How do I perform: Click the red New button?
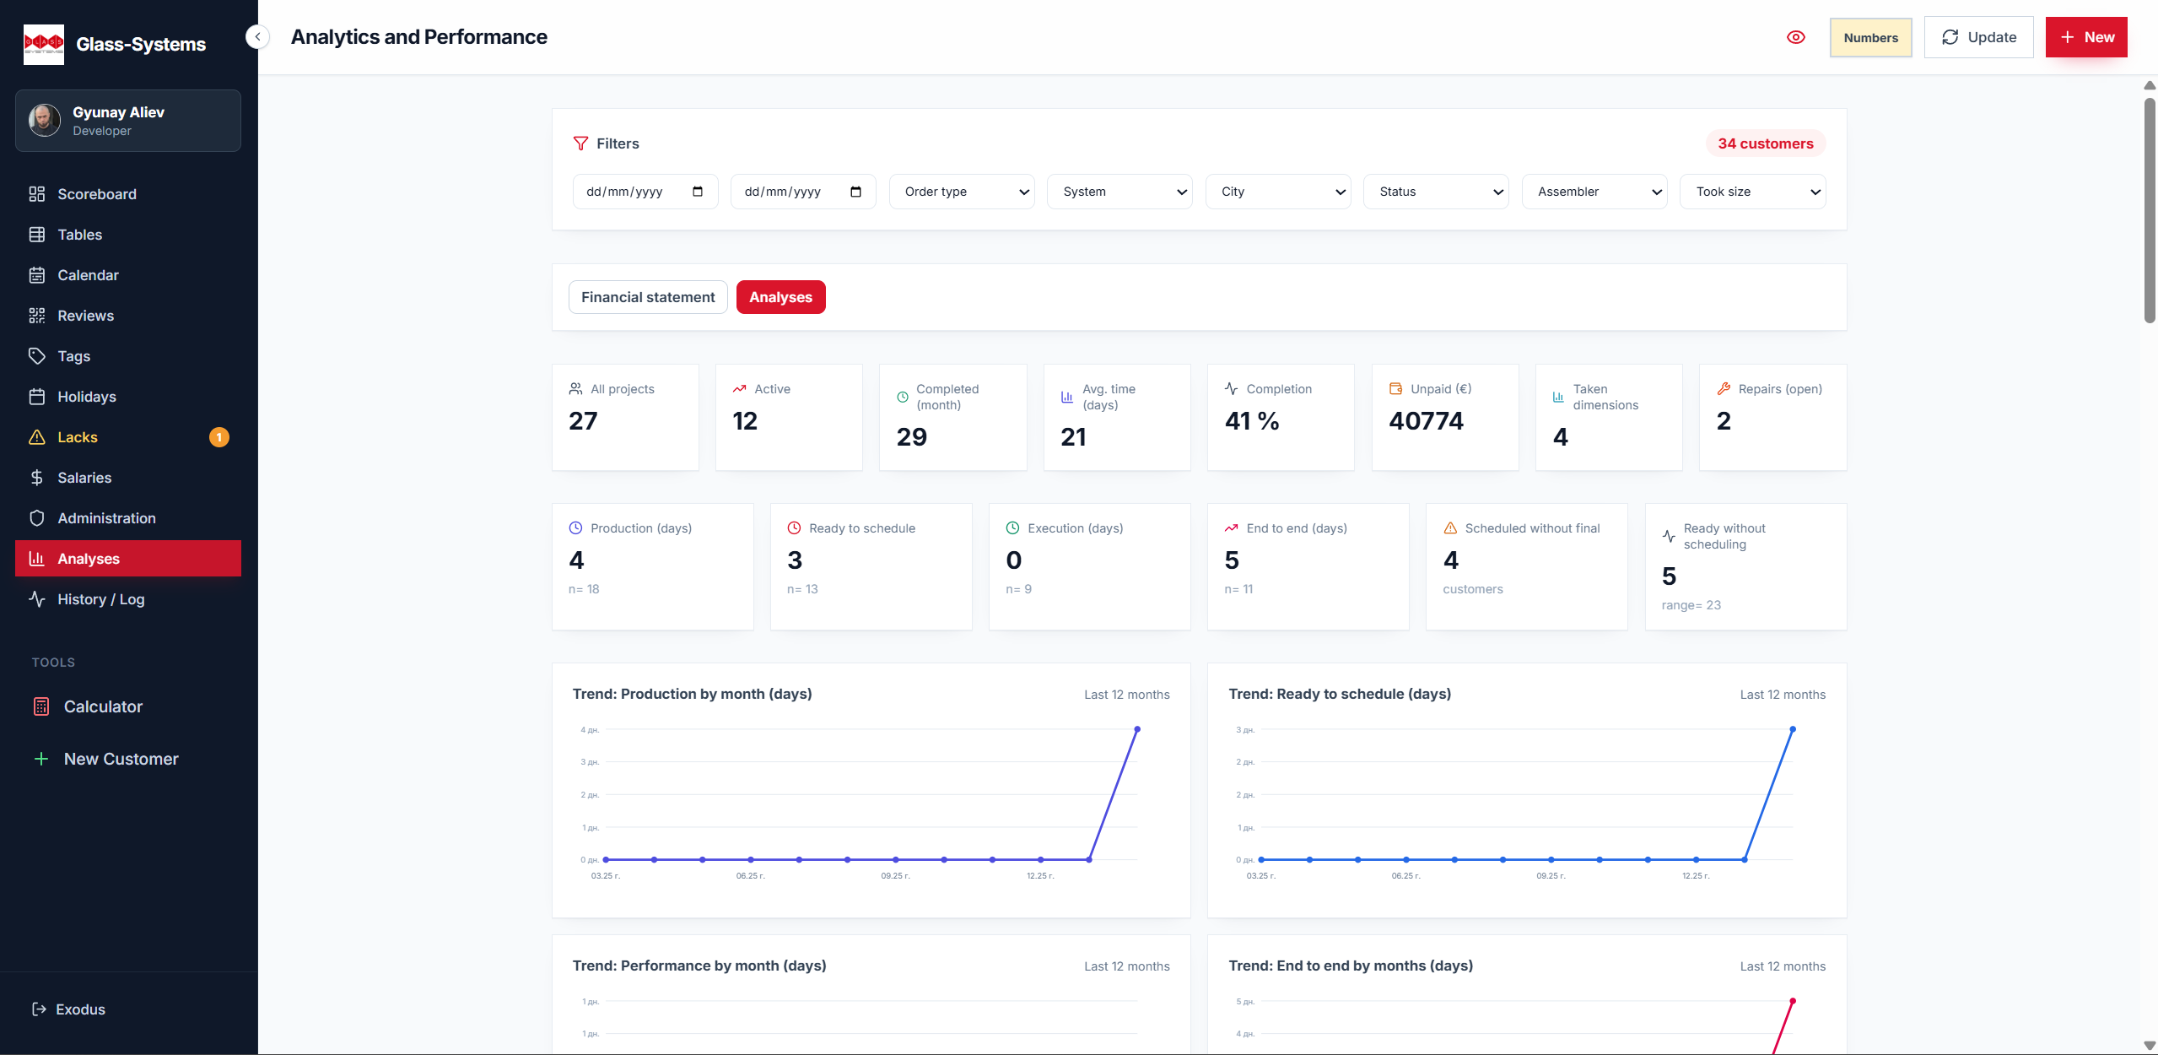(2085, 37)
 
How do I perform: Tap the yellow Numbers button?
(1869, 37)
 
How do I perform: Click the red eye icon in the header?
(1795, 37)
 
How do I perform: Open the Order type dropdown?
(961, 192)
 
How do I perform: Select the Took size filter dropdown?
(1752, 192)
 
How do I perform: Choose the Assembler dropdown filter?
(1594, 192)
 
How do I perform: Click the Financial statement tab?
(647, 297)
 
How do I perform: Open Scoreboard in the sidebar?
(96, 194)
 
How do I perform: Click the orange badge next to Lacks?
(218, 437)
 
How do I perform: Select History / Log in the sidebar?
(100, 599)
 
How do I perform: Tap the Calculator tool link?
(103, 706)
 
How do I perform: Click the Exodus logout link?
(79, 1009)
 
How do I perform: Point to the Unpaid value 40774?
(1426, 420)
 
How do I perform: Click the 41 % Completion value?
(1251, 420)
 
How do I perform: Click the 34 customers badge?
(1765, 143)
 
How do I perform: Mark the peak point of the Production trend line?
(1136, 729)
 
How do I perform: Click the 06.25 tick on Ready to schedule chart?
(1405, 876)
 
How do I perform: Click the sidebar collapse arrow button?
(257, 37)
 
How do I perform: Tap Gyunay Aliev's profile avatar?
(45, 120)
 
